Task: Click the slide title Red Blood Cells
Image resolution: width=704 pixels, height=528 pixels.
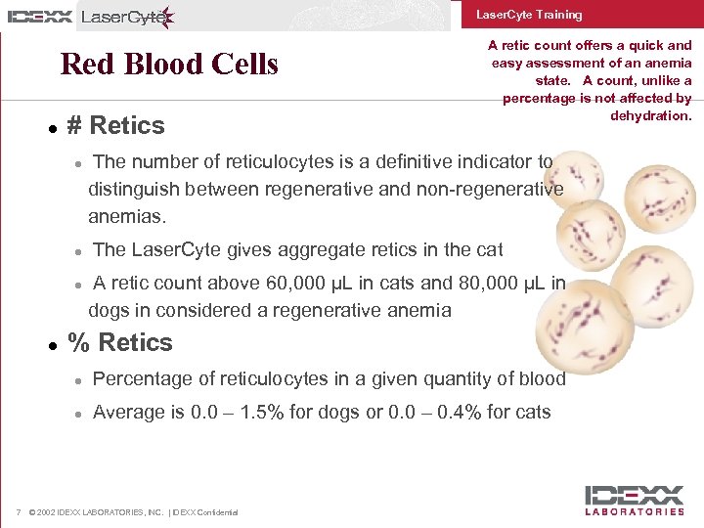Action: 169,65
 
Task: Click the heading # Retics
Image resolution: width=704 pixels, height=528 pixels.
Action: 115,125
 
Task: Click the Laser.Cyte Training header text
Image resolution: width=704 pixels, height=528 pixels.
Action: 529,15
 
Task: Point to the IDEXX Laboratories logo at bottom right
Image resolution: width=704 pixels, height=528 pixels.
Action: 635,500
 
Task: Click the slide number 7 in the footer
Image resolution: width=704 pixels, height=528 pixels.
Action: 20,512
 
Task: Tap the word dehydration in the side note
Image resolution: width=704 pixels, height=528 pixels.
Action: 650,115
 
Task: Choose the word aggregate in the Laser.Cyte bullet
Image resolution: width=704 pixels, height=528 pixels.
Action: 307,250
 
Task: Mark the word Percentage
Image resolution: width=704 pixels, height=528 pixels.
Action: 141,378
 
